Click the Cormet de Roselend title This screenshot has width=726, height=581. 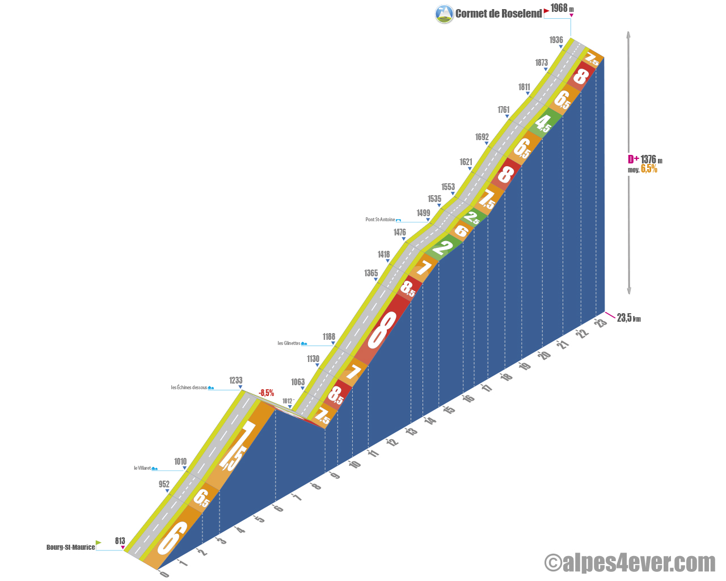coord(499,14)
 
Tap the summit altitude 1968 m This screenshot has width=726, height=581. coord(562,8)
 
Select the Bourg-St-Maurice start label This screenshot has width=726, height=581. coord(70,547)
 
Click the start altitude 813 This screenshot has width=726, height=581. coord(120,541)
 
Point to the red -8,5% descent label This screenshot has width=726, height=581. coord(266,393)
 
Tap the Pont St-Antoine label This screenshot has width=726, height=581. coord(380,220)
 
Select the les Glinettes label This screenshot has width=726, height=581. coord(289,343)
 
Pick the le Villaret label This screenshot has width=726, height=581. coord(142,468)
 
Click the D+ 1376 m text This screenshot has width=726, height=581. coord(645,159)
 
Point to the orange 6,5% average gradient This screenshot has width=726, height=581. coord(649,169)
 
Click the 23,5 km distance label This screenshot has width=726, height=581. coord(628,318)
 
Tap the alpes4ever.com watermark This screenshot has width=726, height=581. coord(630,563)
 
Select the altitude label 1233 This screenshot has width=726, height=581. coord(236,380)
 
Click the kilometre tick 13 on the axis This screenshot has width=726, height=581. coord(412,431)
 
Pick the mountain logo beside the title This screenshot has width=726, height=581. coord(444,14)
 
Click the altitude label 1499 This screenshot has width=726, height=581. coord(423,213)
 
